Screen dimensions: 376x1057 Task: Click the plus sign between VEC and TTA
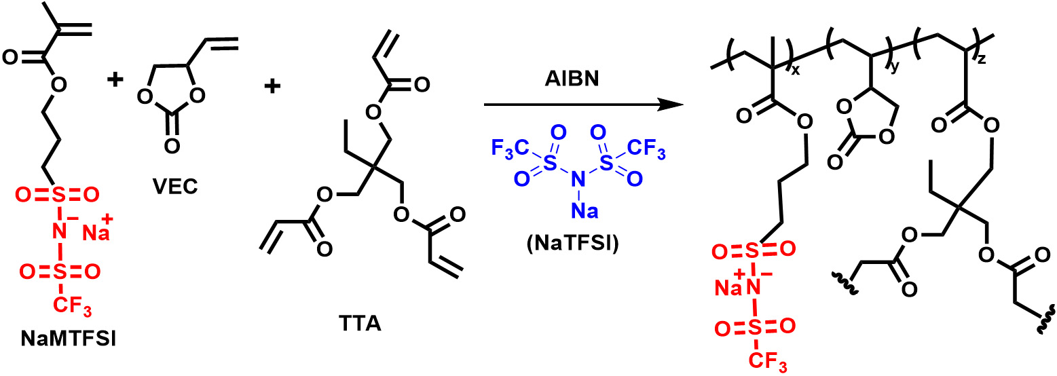[272, 87]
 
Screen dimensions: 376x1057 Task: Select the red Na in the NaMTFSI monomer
[98, 235]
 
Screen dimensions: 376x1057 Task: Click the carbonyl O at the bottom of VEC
[171, 145]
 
